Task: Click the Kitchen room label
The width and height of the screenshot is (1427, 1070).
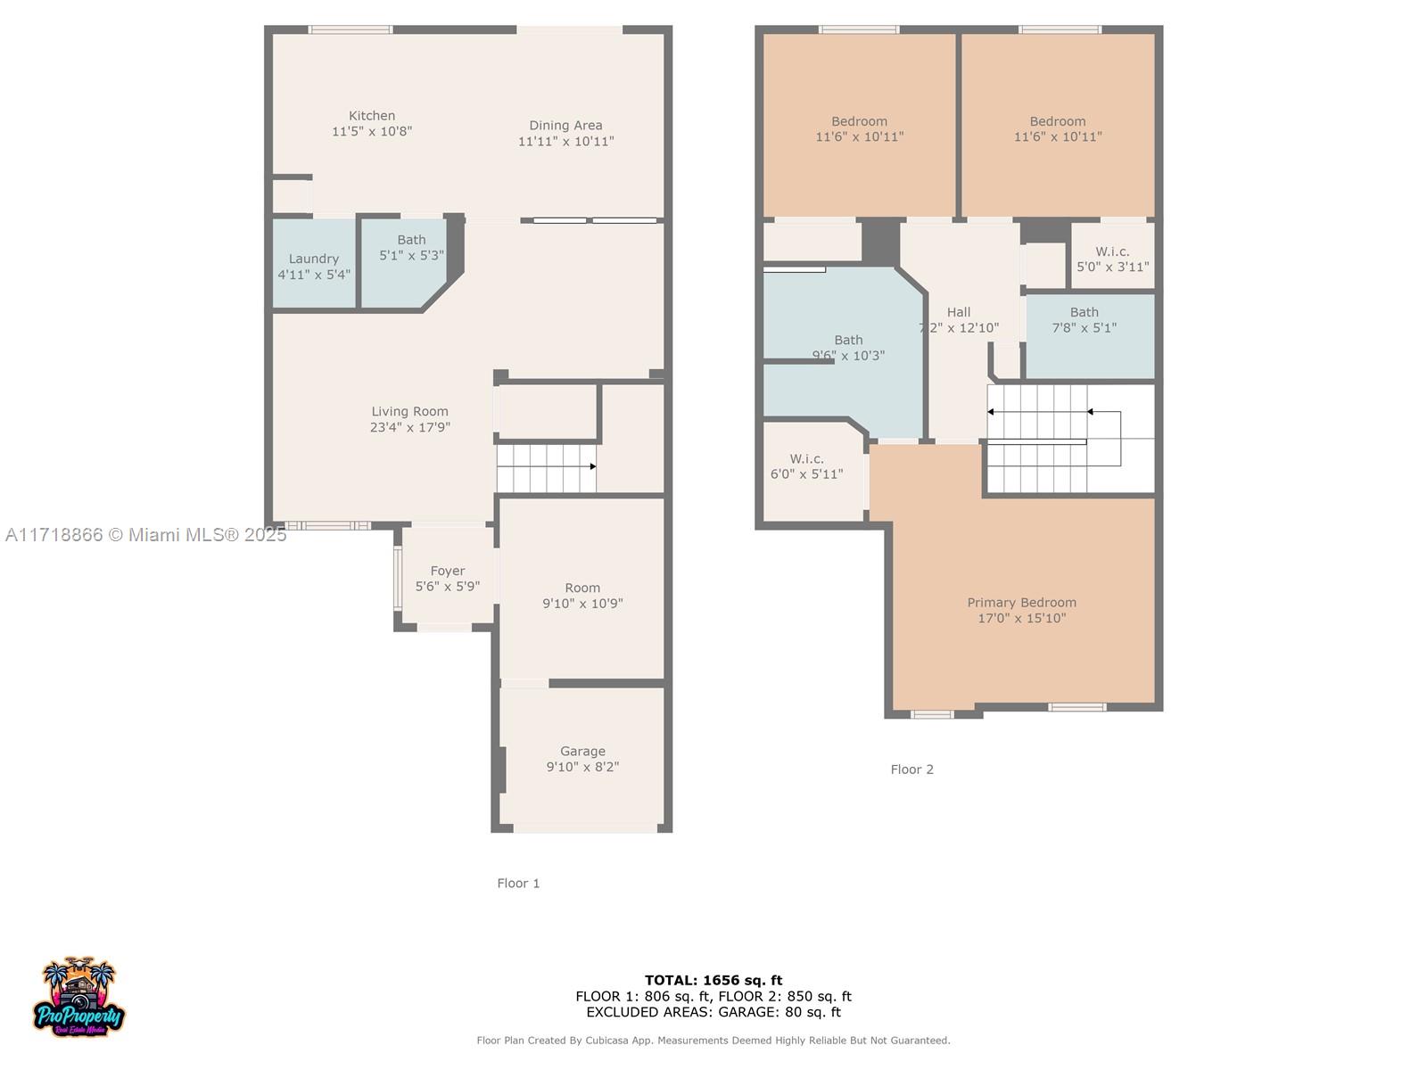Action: coord(371,116)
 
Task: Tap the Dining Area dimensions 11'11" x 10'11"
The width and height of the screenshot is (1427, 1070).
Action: coord(565,141)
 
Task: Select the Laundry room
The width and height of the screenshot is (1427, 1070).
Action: coord(314,263)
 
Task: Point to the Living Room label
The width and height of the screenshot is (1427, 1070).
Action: coord(409,411)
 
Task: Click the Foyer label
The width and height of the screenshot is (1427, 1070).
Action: coord(448,571)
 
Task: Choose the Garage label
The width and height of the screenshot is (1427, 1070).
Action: coord(582,751)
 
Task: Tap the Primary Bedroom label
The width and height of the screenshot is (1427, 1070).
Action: coord(1021,602)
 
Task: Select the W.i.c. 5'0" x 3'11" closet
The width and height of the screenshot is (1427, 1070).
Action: coord(1112,256)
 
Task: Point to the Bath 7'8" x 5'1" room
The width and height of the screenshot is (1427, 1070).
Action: coord(1090,336)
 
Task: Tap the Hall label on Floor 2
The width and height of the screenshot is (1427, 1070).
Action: coord(958,312)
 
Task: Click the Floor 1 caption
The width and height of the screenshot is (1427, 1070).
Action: coord(518,883)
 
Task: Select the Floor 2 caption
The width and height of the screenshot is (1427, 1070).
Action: coord(911,770)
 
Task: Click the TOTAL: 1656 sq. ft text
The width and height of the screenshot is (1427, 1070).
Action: coord(713,980)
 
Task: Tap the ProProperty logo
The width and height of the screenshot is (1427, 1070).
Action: coord(78,996)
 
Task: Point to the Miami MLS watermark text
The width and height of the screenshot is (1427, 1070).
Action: coord(145,535)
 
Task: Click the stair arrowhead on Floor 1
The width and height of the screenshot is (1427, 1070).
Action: coord(593,466)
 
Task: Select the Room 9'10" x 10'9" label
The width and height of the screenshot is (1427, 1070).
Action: coord(582,595)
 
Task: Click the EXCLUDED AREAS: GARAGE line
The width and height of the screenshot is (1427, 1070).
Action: coord(713,1012)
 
